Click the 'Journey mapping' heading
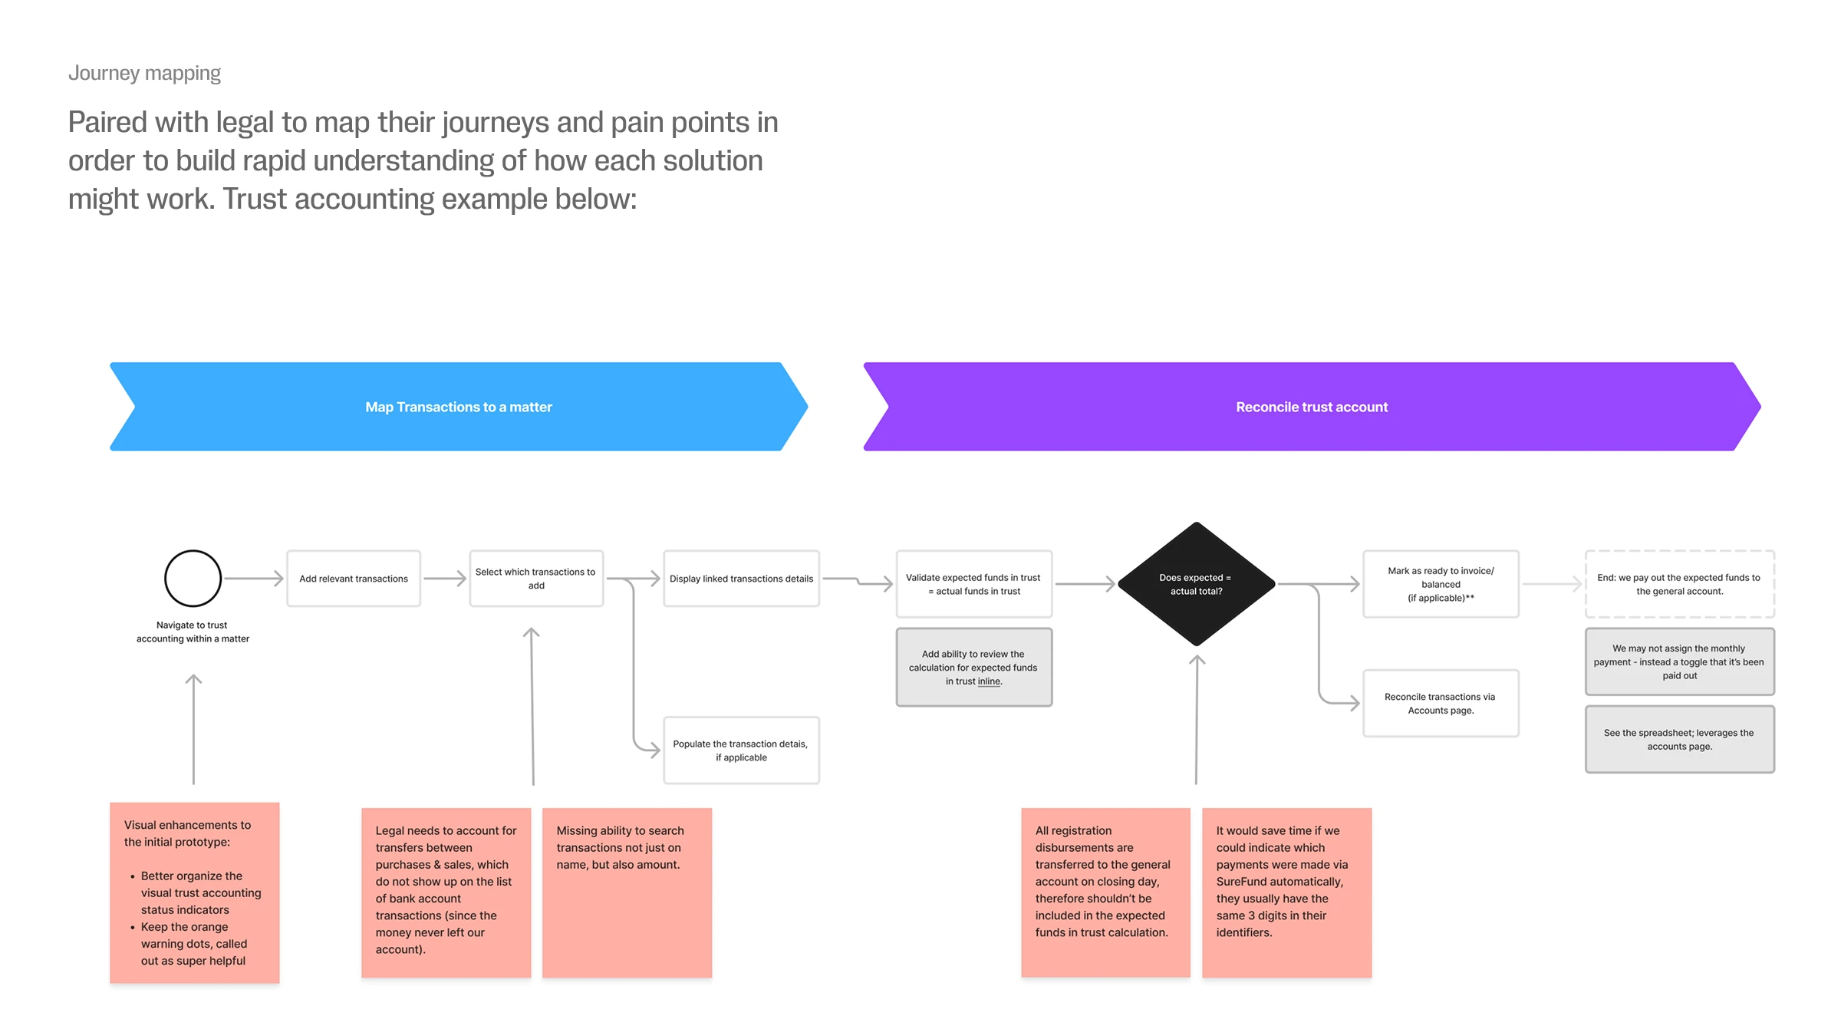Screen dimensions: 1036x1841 [144, 73]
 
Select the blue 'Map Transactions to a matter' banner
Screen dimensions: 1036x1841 [458, 407]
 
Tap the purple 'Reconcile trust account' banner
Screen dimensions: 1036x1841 [1311, 407]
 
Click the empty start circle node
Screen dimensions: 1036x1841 [193, 579]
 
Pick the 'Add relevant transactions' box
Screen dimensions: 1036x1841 [354, 579]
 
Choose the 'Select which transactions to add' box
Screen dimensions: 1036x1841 [535, 579]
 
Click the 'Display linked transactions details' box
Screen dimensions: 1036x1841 [741, 579]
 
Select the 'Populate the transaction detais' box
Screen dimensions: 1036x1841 [741, 751]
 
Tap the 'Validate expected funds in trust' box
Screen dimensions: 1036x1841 [973, 584]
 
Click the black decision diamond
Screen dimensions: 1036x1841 [1196, 584]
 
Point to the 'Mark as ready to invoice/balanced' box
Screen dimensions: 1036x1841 [1441, 584]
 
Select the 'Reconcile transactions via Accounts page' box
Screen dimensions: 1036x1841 [1441, 704]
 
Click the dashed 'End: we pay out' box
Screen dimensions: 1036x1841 [1679, 584]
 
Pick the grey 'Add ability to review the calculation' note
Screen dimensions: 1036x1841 [973, 668]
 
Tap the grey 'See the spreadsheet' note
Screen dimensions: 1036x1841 [1679, 740]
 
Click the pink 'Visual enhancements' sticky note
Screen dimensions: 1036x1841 [194, 892]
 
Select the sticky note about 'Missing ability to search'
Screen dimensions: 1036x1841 [627, 892]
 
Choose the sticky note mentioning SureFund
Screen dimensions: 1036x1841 [1286, 892]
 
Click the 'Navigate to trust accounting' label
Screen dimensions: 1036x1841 [193, 632]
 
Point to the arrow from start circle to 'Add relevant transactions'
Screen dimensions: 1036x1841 [253, 579]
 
